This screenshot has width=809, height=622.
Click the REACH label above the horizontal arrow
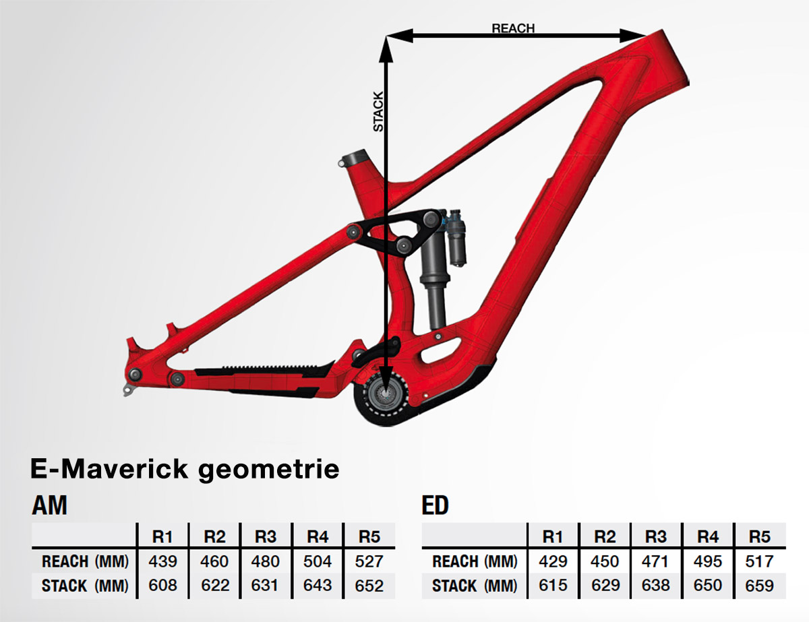coord(513,28)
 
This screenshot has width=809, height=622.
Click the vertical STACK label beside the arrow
coord(378,112)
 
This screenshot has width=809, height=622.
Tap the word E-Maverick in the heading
coord(109,469)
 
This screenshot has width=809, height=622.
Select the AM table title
coord(49,505)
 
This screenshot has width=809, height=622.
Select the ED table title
coord(435,505)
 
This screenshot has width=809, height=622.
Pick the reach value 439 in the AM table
coord(162,561)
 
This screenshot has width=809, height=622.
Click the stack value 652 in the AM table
coord(369,586)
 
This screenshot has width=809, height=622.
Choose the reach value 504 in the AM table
coord(318,561)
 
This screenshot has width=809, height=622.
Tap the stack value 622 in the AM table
coord(215,586)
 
